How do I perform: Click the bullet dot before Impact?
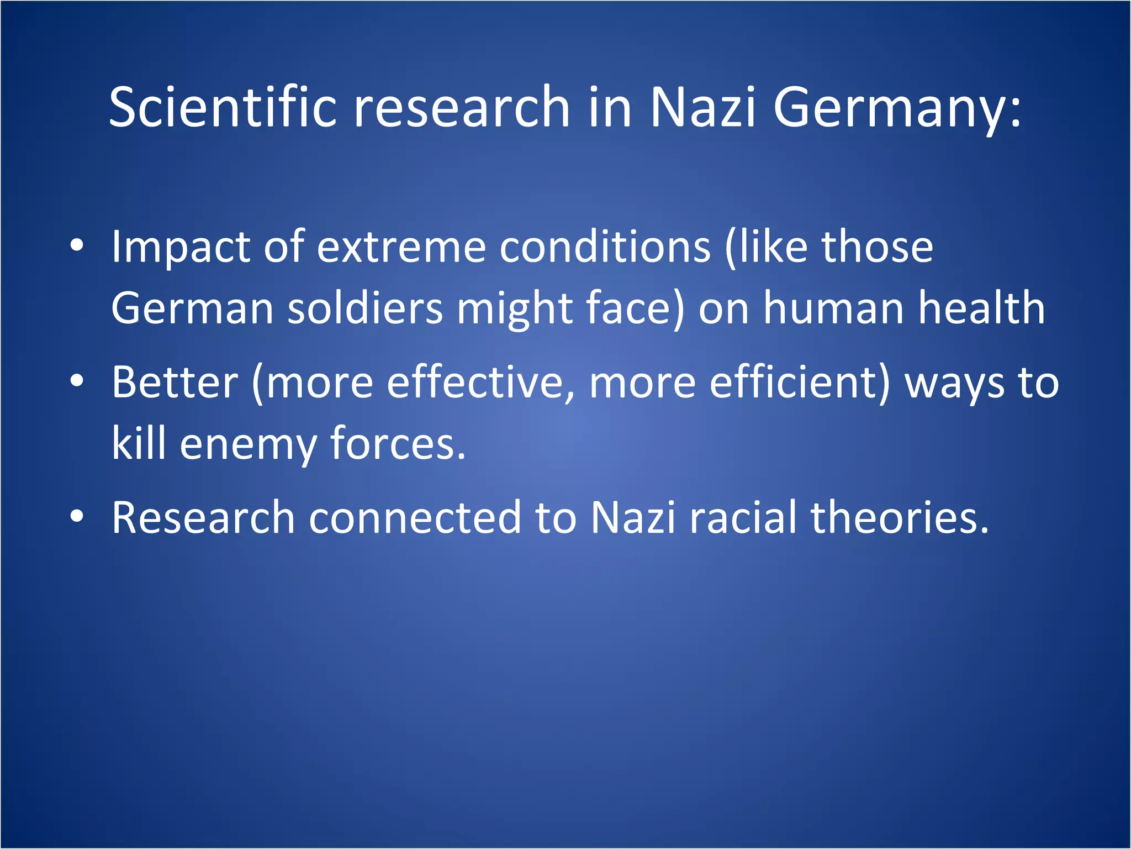click(x=77, y=245)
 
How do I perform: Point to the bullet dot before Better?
click(x=77, y=381)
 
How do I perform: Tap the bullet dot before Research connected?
click(x=77, y=516)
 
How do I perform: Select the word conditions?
click(x=605, y=247)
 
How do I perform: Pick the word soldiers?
click(x=365, y=307)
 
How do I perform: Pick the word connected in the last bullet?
click(x=415, y=517)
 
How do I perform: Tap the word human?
click(x=834, y=307)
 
